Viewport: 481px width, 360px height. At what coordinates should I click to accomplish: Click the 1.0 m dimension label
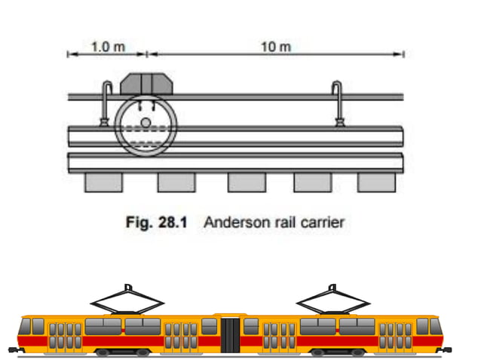coord(106,46)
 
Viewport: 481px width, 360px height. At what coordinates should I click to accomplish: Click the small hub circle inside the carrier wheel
coord(146,122)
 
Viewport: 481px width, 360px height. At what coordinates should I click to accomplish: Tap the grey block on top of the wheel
coord(146,83)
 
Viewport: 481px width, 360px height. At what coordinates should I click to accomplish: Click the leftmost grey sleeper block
coord(103,182)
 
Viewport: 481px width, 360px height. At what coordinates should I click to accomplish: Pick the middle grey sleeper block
coord(247,182)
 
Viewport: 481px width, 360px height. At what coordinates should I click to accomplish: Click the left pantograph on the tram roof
coord(126,299)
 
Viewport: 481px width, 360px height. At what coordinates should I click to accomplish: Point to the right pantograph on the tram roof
coord(332,299)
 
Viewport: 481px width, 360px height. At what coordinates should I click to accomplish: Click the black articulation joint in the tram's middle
coord(231,334)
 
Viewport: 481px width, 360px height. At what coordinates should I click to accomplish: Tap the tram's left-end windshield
coord(24,326)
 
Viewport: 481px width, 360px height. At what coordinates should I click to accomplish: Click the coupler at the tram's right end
coord(448,349)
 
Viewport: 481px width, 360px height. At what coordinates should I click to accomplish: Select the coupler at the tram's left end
coord(11,349)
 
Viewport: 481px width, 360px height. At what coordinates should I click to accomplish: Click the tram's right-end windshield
coord(435,326)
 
